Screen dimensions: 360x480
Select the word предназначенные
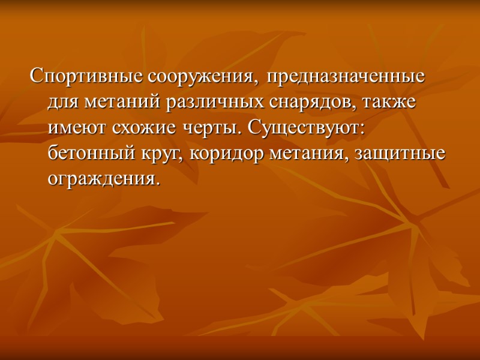[x=347, y=77]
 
